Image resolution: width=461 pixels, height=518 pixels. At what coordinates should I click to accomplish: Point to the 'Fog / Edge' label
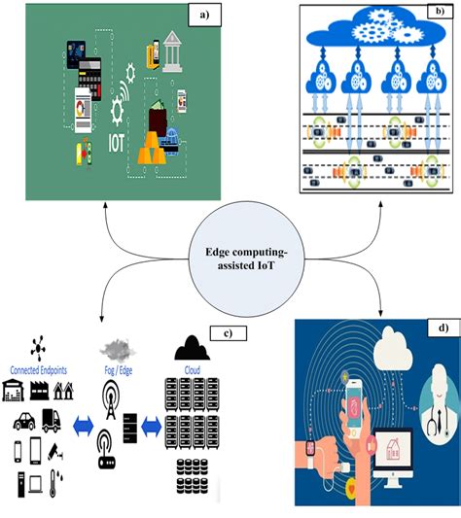point(117,369)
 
